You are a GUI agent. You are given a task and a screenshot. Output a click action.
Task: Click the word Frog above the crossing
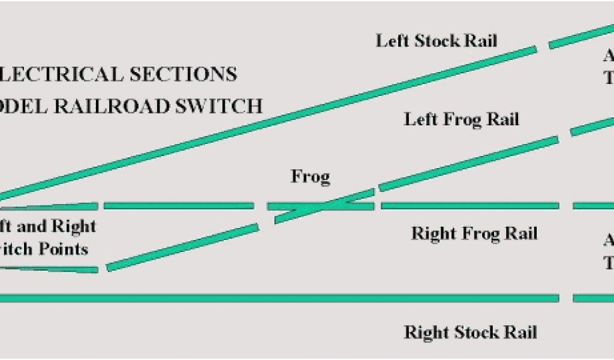click(x=311, y=177)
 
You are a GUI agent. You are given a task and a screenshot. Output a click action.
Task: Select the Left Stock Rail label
click(x=437, y=41)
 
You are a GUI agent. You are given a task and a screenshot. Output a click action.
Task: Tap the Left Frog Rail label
click(x=461, y=119)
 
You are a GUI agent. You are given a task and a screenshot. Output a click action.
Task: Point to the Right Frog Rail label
click(x=474, y=233)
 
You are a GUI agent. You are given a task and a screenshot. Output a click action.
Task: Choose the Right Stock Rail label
click(x=470, y=332)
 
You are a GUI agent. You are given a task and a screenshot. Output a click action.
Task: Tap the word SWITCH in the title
click(x=226, y=106)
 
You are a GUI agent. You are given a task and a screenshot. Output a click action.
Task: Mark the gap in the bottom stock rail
click(x=565, y=298)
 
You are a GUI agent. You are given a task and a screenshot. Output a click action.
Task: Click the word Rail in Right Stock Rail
click(x=520, y=332)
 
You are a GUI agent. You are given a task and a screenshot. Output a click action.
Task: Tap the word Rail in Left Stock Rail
click(x=481, y=41)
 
